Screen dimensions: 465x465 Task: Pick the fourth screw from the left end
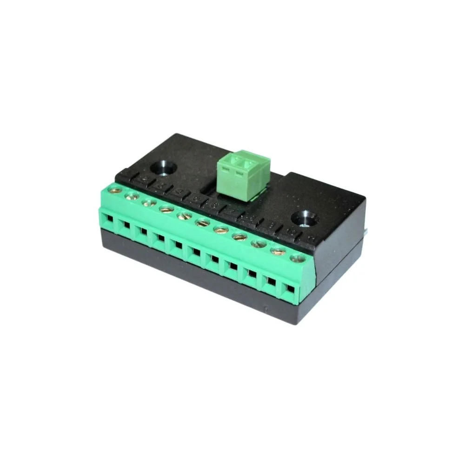[166, 209]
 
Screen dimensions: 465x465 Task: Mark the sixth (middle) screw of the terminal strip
[202, 223]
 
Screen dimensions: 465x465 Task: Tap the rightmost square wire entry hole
[291, 289]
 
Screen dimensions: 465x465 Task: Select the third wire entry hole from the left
[142, 231]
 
